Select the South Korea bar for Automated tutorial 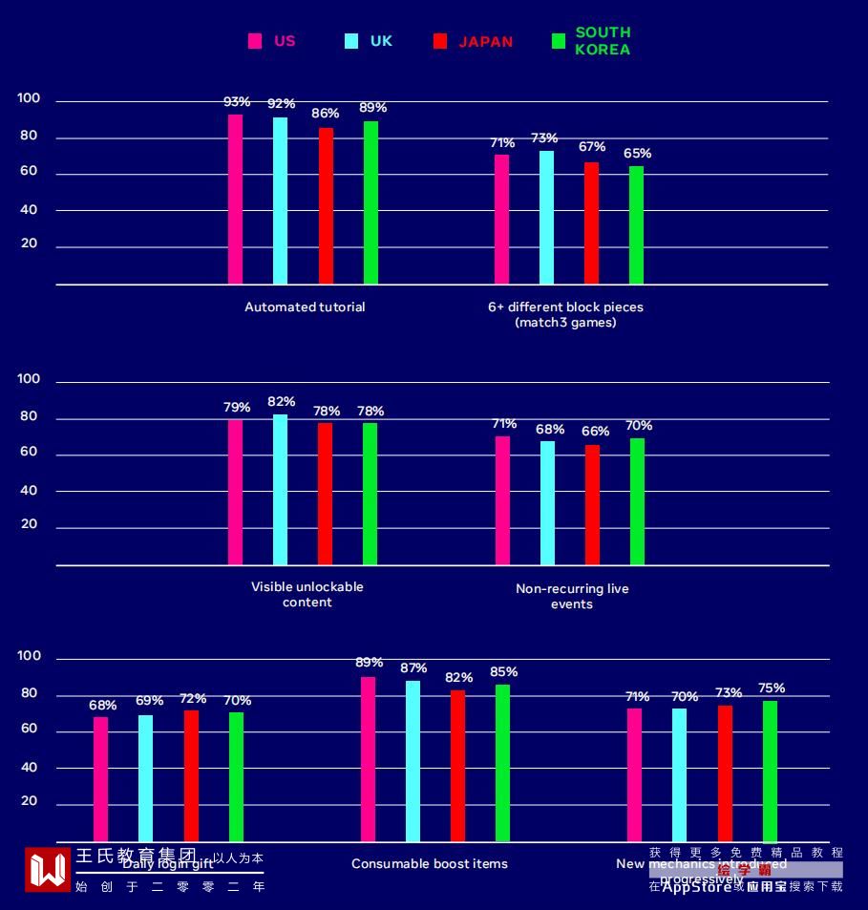(370, 202)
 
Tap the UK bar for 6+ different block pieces (546, 217)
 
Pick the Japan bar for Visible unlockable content (326, 493)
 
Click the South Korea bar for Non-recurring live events (637, 500)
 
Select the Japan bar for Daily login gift (191, 774)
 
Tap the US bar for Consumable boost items (368, 758)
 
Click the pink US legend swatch (255, 41)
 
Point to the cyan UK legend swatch (351, 41)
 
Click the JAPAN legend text (485, 42)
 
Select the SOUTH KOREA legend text (603, 41)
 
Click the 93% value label (237, 102)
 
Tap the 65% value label (638, 154)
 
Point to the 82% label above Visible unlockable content (282, 402)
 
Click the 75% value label (772, 688)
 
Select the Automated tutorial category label (305, 307)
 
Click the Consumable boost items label (430, 864)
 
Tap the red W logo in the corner (48, 869)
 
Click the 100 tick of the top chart (30, 98)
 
